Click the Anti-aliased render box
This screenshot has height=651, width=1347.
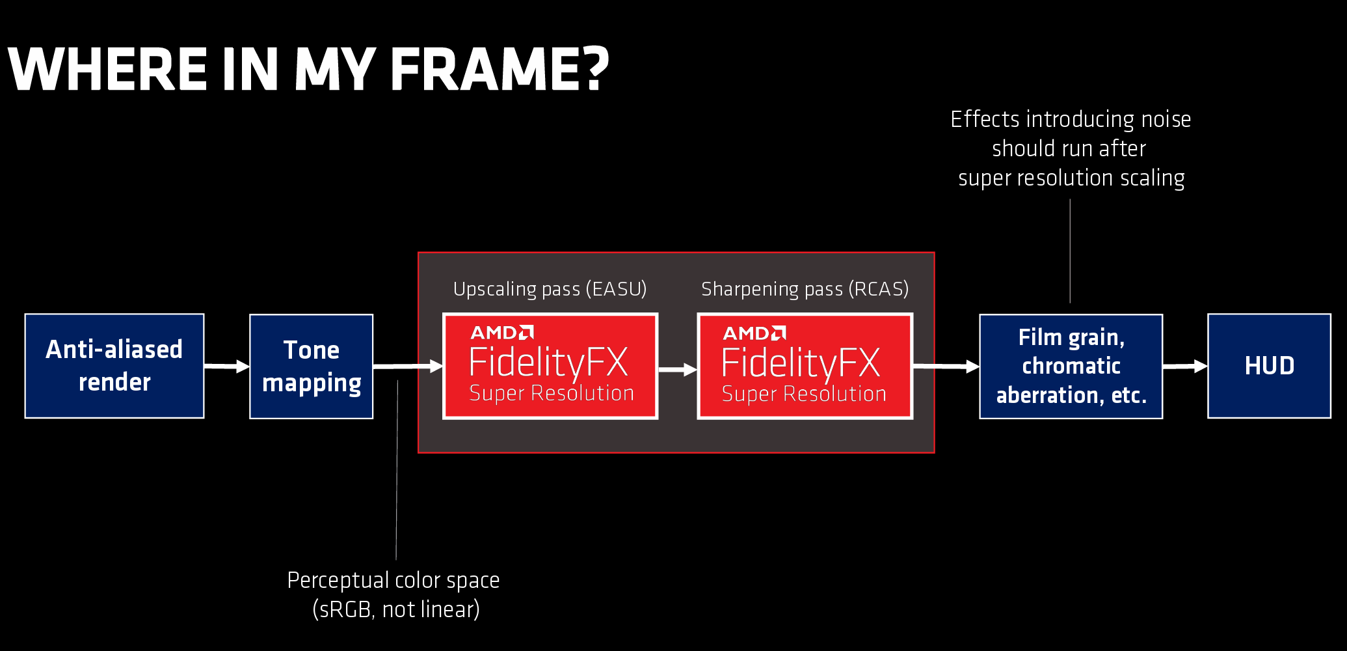click(114, 366)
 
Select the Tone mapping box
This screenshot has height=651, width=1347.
click(312, 367)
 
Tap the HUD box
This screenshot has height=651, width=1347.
click(1270, 366)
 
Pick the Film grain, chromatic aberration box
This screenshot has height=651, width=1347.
click(1071, 367)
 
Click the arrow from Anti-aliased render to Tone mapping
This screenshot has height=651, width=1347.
click(227, 367)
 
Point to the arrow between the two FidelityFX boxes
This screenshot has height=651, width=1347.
click(678, 370)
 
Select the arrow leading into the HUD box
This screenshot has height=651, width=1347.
click(1185, 367)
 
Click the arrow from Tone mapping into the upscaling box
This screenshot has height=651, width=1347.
click(408, 367)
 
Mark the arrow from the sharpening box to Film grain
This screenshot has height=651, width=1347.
click(946, 367)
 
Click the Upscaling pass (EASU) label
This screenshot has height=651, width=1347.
click(550, 289)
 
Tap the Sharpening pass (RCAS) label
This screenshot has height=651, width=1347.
click(805, 289)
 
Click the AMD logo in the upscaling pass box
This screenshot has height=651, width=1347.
click(502, 333)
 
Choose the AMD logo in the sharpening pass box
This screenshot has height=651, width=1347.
click(754, 333)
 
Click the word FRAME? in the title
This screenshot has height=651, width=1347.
click(500, 69)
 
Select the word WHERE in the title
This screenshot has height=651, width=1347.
click(108, 69)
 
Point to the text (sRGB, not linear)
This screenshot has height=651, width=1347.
click(396, 610)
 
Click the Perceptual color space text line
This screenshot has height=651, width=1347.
click(393, 580)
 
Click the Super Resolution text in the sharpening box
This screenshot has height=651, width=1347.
click(804, 394)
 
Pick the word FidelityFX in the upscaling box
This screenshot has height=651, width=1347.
click(548, 363)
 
